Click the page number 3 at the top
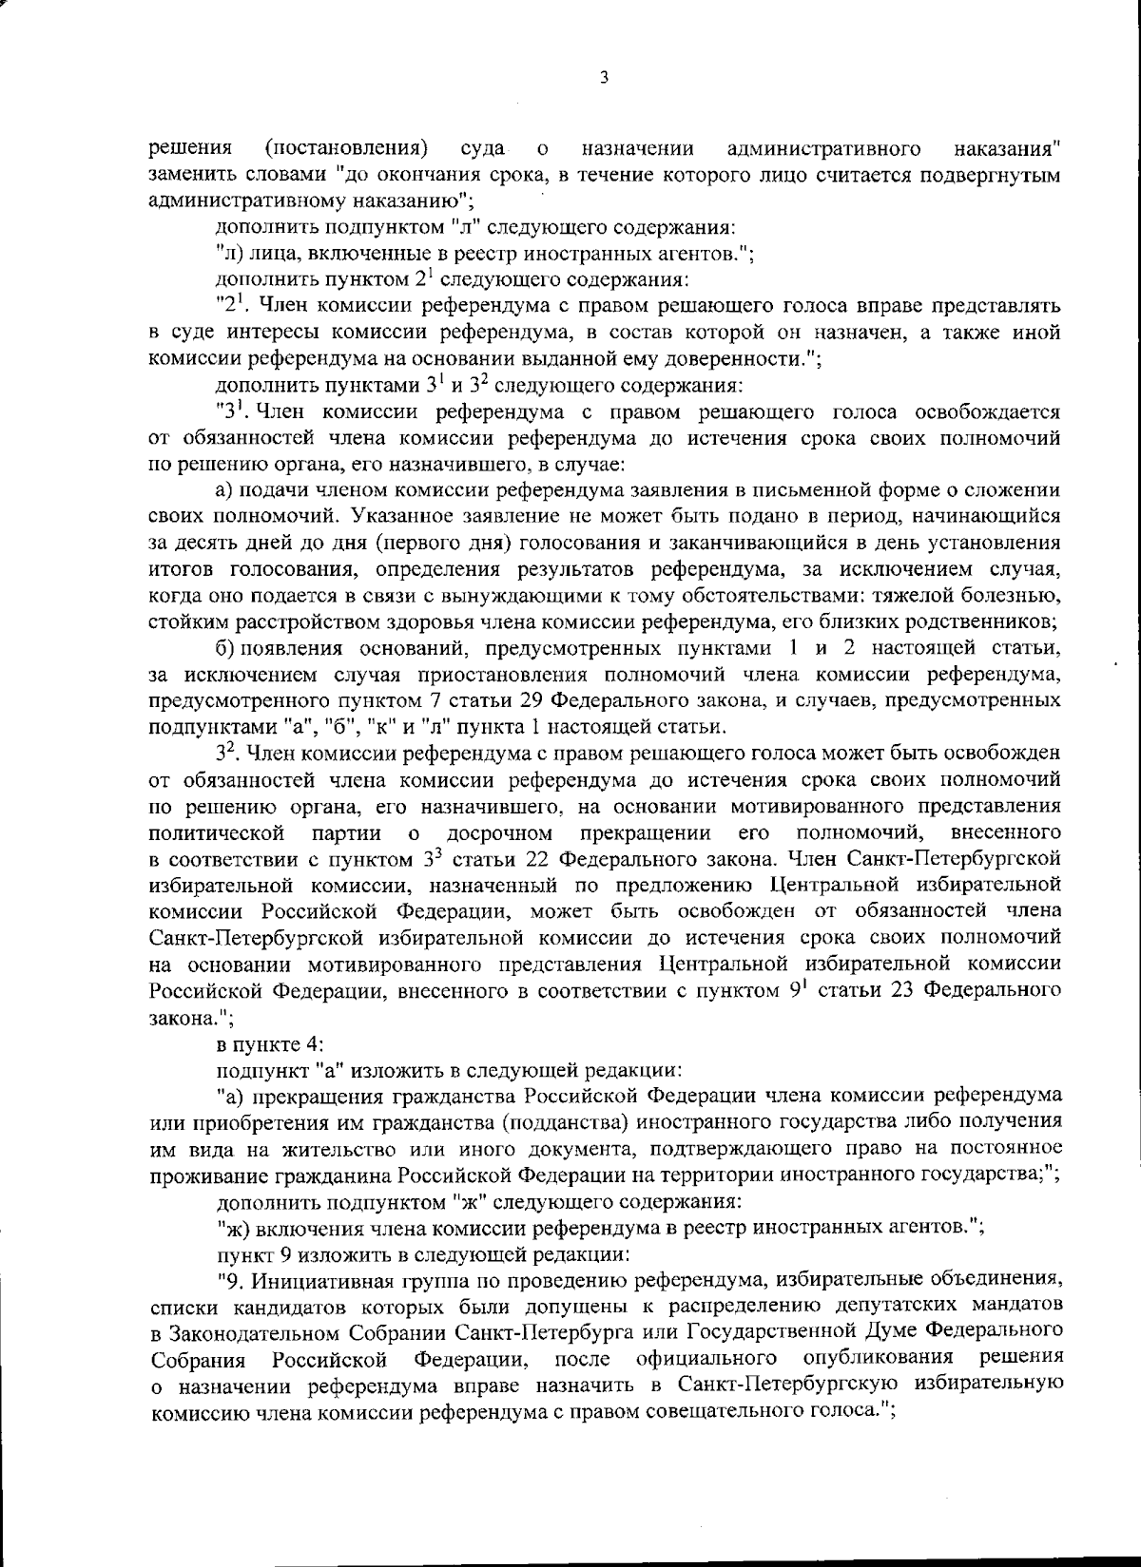(x=604, y=79)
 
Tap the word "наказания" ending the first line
(x=1007, y=149)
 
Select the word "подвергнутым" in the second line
(x=997, y=175)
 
